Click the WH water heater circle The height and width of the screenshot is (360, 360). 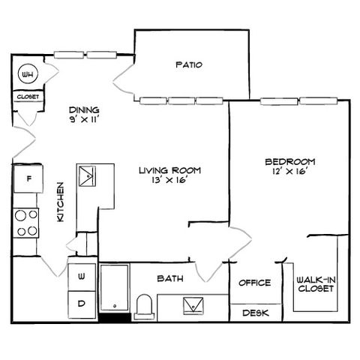point(28,74)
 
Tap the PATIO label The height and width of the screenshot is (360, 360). point(189,64)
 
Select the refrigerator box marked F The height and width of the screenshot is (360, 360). point(28,178)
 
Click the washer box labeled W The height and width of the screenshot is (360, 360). point(82,277)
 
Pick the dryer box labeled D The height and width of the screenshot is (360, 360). point(82,304)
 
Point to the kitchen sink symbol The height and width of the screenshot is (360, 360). point(87,176)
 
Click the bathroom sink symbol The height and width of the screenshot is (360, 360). point(193,306)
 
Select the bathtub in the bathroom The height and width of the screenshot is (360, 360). point(115,287)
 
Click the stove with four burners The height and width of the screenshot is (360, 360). point(25,223)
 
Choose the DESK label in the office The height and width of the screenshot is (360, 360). point(256,313)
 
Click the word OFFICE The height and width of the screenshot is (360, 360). point(254,283)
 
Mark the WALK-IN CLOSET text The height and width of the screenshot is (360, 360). point(316,284)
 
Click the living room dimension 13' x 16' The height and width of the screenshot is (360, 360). point(169,180)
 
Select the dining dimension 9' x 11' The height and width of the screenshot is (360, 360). point(85,119)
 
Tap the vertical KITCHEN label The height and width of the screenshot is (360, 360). point(61,202)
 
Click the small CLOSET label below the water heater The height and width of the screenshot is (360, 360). point(28,97)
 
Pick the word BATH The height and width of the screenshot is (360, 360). point(170,278)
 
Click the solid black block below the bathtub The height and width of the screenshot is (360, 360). point(115,317)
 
